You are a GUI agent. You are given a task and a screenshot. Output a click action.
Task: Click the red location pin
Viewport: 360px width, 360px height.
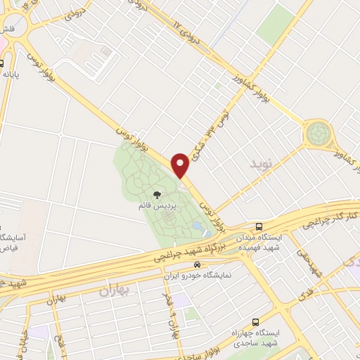coord(181,165)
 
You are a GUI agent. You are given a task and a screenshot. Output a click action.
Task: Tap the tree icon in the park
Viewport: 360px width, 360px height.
coord(156,195)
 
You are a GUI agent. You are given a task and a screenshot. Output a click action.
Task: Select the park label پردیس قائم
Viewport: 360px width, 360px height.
coord(157,209)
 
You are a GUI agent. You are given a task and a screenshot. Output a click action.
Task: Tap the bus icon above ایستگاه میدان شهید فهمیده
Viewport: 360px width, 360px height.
coord(259,227)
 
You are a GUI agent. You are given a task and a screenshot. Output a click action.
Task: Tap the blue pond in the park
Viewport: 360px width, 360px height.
coord(198,228)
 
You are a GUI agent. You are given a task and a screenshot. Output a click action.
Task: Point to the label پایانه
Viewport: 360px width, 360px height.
coord(8,72)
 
